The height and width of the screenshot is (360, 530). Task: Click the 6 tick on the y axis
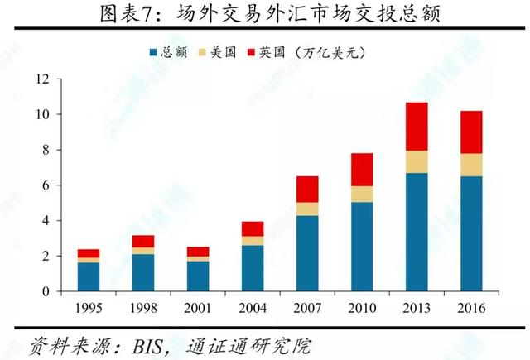click(x=48, y=185)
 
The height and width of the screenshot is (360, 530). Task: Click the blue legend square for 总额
click(x=153, y=53)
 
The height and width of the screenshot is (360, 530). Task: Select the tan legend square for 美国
click(x=202, y=53)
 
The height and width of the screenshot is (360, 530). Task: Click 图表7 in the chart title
click(x=125, y=15)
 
